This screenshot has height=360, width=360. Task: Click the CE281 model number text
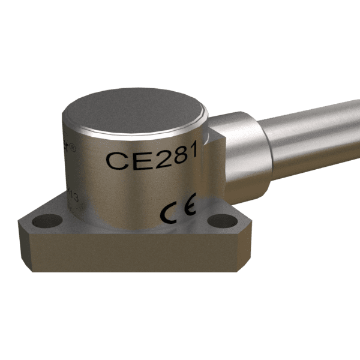coord(152,159)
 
